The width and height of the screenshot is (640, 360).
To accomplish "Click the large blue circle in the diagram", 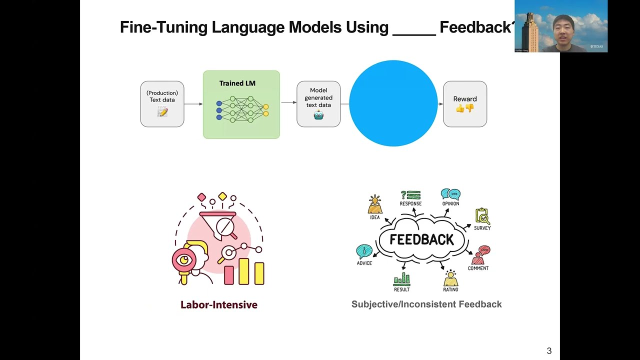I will click(393, 103).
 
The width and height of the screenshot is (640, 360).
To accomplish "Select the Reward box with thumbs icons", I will click(465, 104).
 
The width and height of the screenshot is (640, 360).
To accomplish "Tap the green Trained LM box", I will click(241, 104).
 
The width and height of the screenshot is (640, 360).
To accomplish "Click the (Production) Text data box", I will click(162, 104).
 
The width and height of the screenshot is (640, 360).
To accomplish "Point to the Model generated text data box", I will click(318, 104).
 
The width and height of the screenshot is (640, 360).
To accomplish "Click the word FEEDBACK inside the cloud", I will click(421, 240).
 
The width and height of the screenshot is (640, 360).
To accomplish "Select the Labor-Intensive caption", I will click(219, 304).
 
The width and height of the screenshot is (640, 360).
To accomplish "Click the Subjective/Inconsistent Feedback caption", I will click(426, 304).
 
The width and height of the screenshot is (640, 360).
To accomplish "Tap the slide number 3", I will click(549, 351).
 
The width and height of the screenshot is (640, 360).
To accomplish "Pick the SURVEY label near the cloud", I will click(482, 228).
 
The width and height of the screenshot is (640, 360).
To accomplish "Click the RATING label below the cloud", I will click(450, 289).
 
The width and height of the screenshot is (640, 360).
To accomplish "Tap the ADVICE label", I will click(364, 263).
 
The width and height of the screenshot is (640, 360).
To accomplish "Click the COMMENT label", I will click(478, 268).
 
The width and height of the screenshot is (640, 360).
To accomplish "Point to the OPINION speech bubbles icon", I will click(450, 193).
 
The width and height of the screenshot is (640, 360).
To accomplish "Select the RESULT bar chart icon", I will click(401, 279).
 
